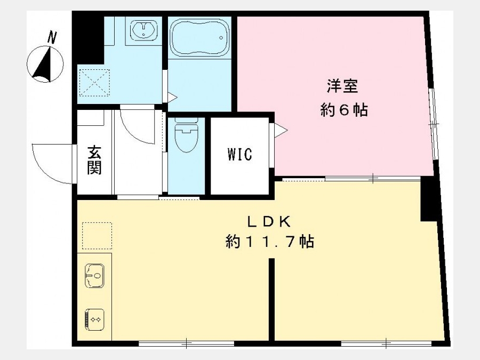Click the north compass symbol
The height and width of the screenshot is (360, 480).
pyautogui.click(x=45, y=65)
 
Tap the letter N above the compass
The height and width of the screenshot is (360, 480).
pyautogui.click(x=52, y=37)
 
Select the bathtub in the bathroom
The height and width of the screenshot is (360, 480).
pyautogui.click(x=199, y=38)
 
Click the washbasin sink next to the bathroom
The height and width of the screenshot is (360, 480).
pyautogui.click(x=143, y=30)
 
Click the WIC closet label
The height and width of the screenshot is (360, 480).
pyautogui.click(x=240, y=154)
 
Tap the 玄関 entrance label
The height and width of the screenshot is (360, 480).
pyautogui.click(x=94, y=160)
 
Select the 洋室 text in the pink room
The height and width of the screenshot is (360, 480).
pyautogui.click(x=343, y=86)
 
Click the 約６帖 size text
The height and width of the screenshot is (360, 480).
pyautogui.click(x=344, y=110)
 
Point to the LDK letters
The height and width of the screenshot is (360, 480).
pyautogui.click(x=269, y=222)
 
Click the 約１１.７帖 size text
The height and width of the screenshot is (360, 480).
pyautogui.click(x=270, y=242)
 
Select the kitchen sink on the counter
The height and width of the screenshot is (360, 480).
pyautogui.click(x=94, y=276)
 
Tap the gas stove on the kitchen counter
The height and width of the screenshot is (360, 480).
pyautogui.click(x=94, y=319)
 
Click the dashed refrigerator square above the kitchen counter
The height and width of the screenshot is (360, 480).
pyautogui.click(x=97, y=235)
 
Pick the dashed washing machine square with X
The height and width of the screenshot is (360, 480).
pyautogui.click(x=94, y=83)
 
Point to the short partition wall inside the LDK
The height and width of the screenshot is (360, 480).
pyautogui.click(x=271, y=299)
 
